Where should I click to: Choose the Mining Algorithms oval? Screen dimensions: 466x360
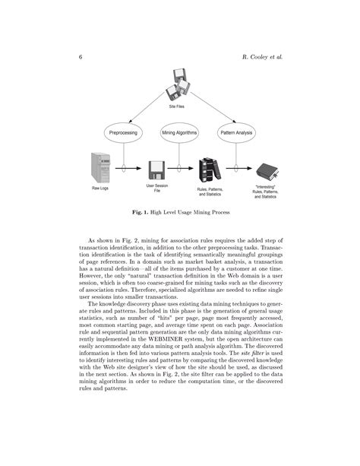179,133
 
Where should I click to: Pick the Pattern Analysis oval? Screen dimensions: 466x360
236,133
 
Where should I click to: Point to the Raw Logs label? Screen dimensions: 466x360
100,188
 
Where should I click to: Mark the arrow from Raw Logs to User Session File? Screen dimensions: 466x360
128,169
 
